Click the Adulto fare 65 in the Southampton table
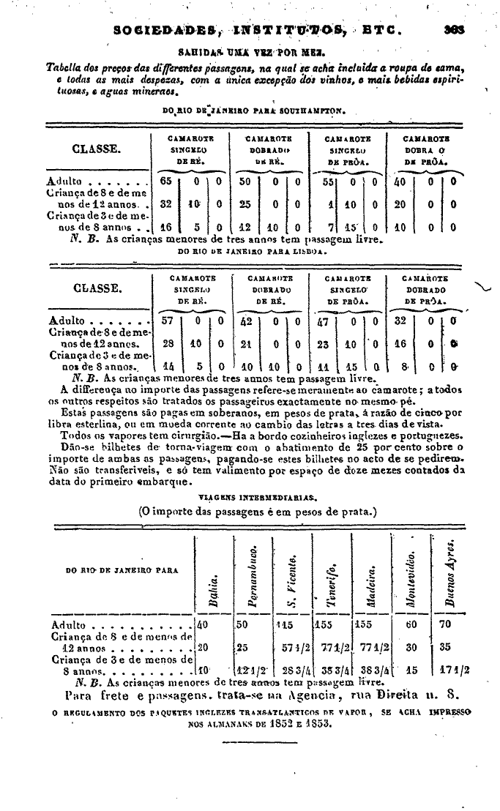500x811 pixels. click(166, 181)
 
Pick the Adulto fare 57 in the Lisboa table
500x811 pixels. click(166, 321)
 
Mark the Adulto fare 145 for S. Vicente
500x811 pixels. click(286, 626)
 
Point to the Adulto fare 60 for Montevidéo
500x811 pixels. click(411, 626)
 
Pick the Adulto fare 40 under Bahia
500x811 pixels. click(203, 626)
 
